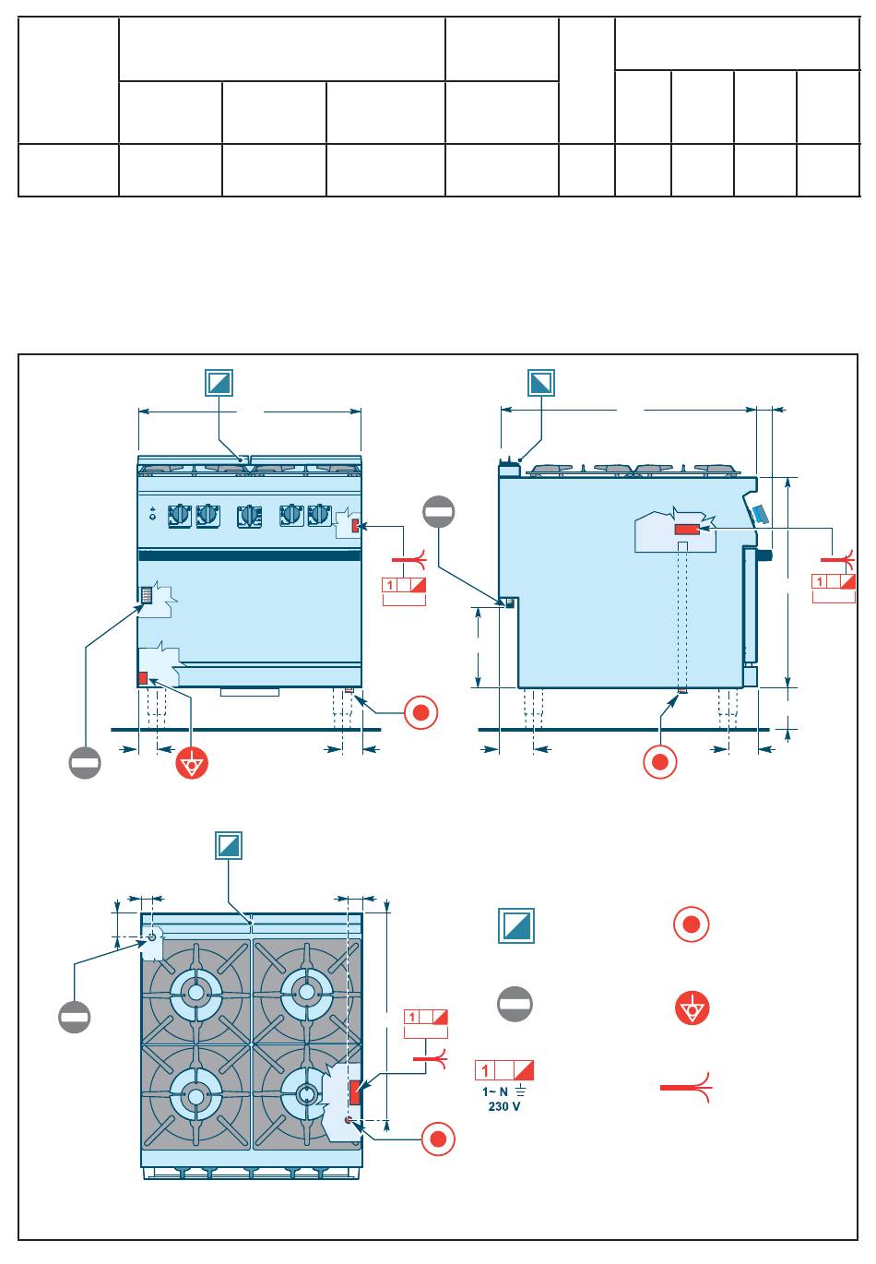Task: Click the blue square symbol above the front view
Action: pyautogui.click(x=219, y=382)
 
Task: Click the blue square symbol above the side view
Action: pyautogui.click(x=542, y=382)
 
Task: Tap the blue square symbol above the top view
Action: pyautogui.click(x=230, y=845)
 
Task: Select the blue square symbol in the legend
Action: pyautogui.click(x=516, y=925)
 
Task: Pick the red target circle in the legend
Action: pyautogui.click(x=691, y=924)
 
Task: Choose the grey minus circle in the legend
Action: pyautogui.click(x=515, y=1004)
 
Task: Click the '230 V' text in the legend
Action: pyautogui.click(x=503, y=1106)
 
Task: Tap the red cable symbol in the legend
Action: pyautogui.click(x=685, y=1089)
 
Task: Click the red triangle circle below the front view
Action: pyautogui.click(x=193, y=764)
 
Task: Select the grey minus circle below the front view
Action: pyautogui.click(x=84, y=762)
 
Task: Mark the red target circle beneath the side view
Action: pyautogui.click(x=660, y=763)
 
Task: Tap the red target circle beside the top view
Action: pyautogui.click(x=439, y=1139)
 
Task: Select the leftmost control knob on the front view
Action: pyautogui.click(x=180, y=516)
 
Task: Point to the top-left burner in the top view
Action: pyautogui.click(x=195, y=992)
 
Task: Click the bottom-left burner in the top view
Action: pyautogui.click(x=195, y=1095)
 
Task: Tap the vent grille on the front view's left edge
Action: pyautogui.click(x=146, y=596)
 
